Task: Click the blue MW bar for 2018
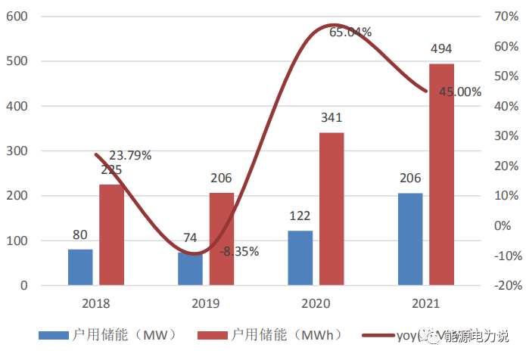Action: pyautogui.click(x=80, y=268)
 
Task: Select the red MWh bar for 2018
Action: pyautogui.click(x=111, y=235)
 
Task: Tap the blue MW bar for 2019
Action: pyautogui.click(x=190, y=269)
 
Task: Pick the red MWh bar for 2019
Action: pyautogui.click(x=222, y=239)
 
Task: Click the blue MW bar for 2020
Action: pyautogui.click(x=300, y=259)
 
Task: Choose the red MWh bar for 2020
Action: pyautogui.click(x=331, y=209)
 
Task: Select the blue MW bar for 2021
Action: pyautogui.click(x=410, y=240)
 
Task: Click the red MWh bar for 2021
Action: pyautogui.click(x=442, y=175)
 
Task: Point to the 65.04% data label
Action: pyautogui.click(x=350, y=32)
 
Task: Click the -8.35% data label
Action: pyautogui.click(x=241, y=250)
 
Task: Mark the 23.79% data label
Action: pyautogui.click(x=130, y=156)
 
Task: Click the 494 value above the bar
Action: pyautogui.click(x=441, y=49)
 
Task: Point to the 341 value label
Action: pyautogui.click(x=331, y=118)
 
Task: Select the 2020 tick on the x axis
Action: pyautogui.click(x=316, y=304)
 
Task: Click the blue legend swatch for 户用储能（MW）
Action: pyautogui.click(x=54, y=334)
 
